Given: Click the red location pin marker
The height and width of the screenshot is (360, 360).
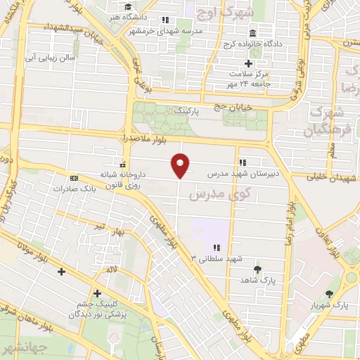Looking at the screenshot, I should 180,165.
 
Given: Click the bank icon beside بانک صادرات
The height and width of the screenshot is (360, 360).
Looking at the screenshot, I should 74,178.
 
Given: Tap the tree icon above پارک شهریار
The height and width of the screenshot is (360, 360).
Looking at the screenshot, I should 330,294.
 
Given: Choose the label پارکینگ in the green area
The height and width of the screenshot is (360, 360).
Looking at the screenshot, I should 188,111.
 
